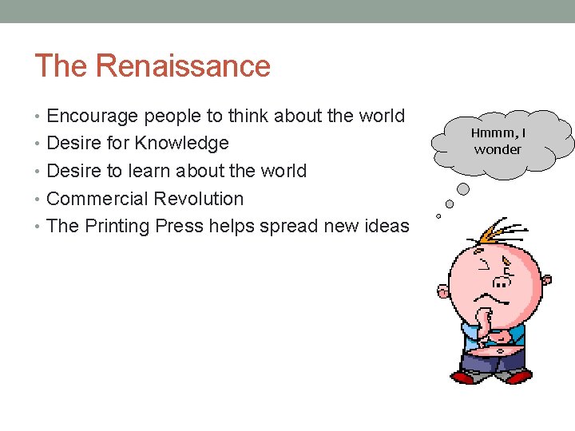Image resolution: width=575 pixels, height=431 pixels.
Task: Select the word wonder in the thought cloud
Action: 498,149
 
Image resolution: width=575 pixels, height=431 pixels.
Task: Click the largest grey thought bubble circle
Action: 463,189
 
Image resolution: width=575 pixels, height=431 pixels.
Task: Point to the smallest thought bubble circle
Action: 438,215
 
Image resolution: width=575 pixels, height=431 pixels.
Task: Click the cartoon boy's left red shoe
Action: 465,376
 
